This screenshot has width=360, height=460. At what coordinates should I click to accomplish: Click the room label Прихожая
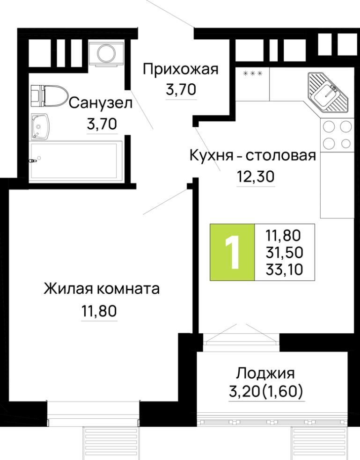coord(180,70)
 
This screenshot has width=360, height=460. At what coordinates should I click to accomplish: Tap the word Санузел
coord(100,104)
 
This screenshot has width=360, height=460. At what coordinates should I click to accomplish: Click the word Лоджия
coord(265,373)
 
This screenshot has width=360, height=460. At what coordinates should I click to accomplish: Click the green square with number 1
coord(233,253)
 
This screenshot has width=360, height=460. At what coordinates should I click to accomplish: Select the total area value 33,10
coord(284,270)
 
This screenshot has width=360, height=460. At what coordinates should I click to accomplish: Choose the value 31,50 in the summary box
coord(284,252)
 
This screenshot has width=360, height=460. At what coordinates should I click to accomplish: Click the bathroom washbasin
coord(41,126)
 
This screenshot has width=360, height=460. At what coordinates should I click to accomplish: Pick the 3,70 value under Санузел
coord(101,124)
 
